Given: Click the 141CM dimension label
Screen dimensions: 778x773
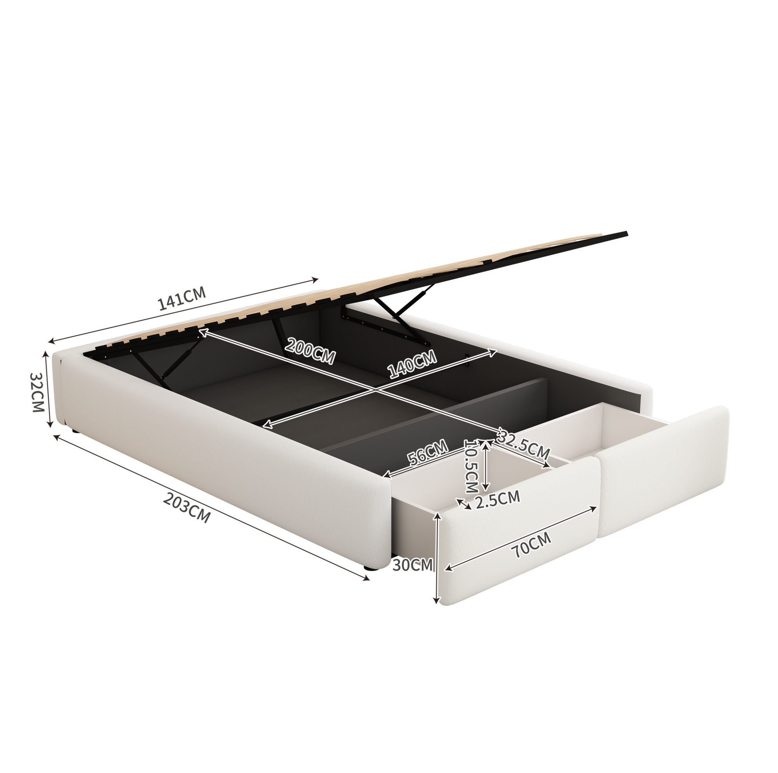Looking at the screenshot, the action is [x=181, y=298].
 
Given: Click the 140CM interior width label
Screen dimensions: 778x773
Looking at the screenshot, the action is [x=412, y=364].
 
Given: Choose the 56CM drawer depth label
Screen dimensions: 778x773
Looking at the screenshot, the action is [x=427, y=452].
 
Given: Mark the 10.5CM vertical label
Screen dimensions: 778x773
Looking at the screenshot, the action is [x=471, y=466].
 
